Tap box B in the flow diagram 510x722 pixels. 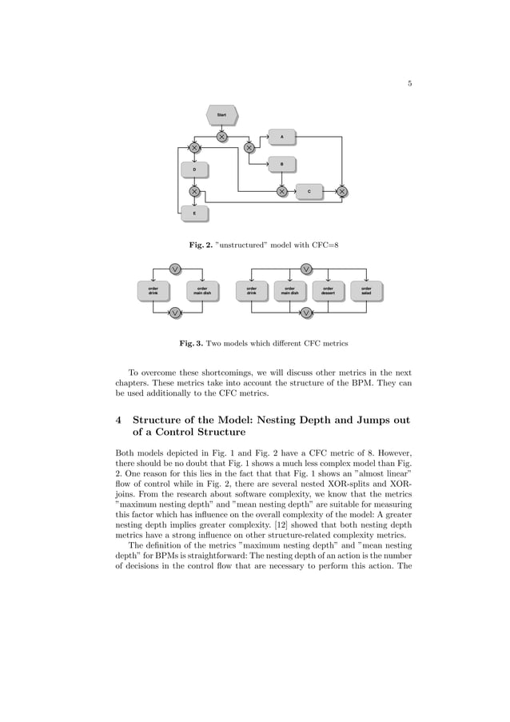pos(281,165)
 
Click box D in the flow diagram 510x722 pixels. pos(194,170)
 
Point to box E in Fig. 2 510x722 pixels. pos(194,213)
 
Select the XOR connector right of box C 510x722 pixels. pos(342,191)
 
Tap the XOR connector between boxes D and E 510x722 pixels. pos(194,191)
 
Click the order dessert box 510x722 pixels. pos(328,290)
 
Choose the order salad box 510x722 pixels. pos(366,290)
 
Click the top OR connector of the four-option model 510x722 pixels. pos(306,268)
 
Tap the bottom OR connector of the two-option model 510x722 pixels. pos(174,313)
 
